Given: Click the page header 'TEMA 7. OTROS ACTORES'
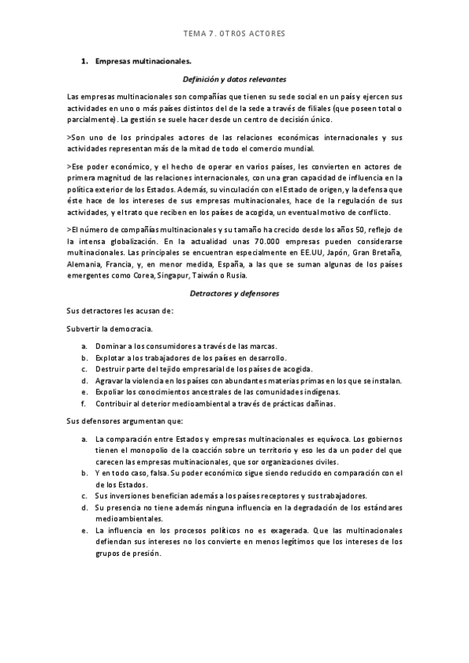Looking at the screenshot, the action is point(234,34).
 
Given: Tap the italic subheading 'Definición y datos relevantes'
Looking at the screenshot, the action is point(234,79).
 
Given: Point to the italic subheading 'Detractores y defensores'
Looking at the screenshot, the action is point(235,293).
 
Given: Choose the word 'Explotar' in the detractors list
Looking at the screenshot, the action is point(111,357).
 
